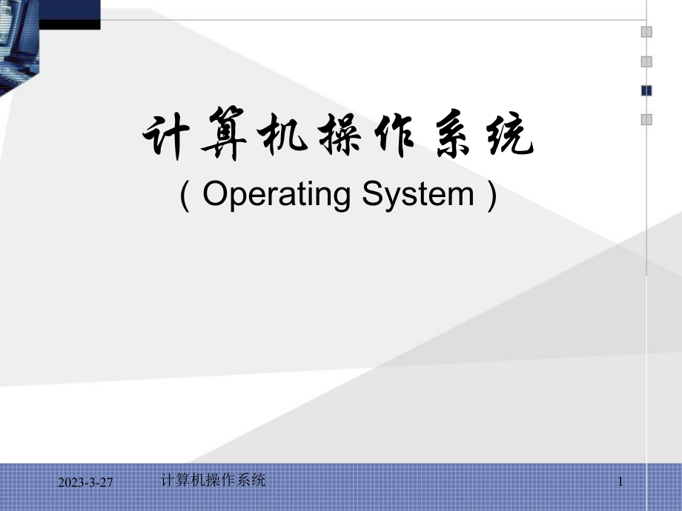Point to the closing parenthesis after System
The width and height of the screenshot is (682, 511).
pyautogui.click(x=490, y=196)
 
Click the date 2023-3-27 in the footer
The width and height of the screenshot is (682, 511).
pyautogui.click(x=86, y=483)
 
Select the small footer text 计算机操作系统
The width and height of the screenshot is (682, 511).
pyautogui.click(x=212, y=480)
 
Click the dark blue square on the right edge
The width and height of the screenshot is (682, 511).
pyautogui.click(x=646, y=90)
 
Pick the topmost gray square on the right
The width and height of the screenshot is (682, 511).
pyautogui.click(x=646, y=32)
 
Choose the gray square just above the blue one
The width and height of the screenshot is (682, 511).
pyautogui.click(x=646, y=61)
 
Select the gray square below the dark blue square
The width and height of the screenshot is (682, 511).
pyautogui.click(x=646, y=118)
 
